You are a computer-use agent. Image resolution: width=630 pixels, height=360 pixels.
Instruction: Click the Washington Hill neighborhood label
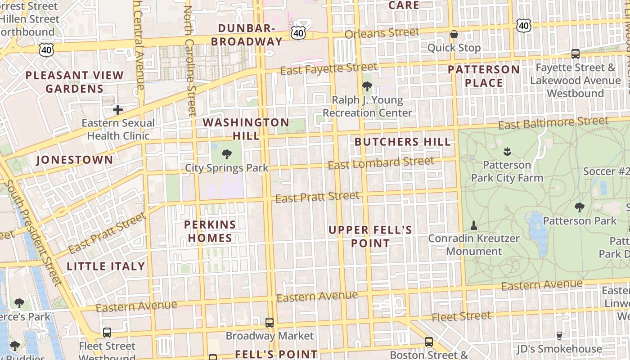point(246,129)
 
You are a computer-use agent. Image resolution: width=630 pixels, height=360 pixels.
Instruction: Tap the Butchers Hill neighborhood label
point(402,142)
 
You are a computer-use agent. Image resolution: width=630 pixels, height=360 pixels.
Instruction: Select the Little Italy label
point(106,266)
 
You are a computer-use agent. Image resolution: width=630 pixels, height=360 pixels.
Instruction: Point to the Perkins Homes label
point(210,231)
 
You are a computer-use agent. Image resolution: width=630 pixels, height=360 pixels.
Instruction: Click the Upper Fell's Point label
point(370,237)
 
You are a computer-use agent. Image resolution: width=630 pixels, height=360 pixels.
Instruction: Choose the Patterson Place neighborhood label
point(484,76)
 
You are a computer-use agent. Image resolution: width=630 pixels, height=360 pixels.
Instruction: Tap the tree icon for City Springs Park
point(227,154)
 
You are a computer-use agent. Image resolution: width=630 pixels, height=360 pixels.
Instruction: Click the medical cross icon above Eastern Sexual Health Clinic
point(118,109)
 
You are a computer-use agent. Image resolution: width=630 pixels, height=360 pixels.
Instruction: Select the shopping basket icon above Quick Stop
point(454,34)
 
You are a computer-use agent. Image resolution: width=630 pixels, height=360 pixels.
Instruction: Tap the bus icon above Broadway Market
point(269,322)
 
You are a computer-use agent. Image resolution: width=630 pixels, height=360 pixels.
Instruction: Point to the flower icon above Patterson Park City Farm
point(507,151)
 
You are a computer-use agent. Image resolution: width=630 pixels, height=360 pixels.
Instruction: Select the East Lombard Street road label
point(381,163)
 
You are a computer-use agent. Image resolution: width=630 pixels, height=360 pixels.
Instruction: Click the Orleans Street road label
point(382,33)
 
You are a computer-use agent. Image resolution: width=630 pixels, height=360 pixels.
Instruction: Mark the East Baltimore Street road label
point(553,123)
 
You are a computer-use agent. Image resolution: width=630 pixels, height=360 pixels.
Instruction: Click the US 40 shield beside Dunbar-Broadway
point(298,32)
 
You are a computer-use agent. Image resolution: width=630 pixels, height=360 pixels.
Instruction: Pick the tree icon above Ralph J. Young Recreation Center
point(367,86)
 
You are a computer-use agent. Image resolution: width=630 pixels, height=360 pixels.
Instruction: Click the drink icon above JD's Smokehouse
point(559,335)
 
